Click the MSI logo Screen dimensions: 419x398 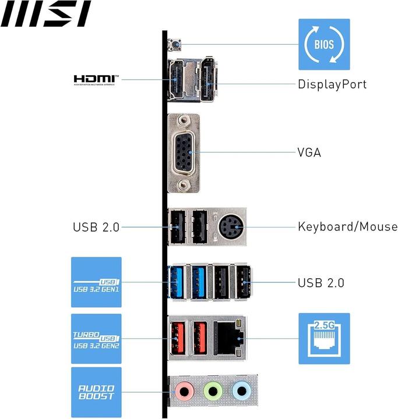[x=45, y=14]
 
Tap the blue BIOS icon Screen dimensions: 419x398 [x=324, y=44]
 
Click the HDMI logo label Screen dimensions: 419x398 [x=96, y=79]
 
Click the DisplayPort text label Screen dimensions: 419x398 [x=332, y=84]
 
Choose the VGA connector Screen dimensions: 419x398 [x=184, y=152]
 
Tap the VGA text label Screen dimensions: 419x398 [x=309, y=153]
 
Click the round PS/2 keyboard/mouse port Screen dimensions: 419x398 [x=230, y=226]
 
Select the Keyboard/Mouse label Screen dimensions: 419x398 [x=347, y=227]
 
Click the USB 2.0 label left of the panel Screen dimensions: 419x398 [x=96, y=227]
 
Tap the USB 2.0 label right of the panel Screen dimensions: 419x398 [x=321, y=283]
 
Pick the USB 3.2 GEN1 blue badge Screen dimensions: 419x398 [x=96, y=282]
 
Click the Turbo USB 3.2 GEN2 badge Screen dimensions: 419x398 [x=96, y=339]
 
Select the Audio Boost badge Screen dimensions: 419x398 [x=96, y=392]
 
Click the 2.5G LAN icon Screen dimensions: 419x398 [x=324, y=338]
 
